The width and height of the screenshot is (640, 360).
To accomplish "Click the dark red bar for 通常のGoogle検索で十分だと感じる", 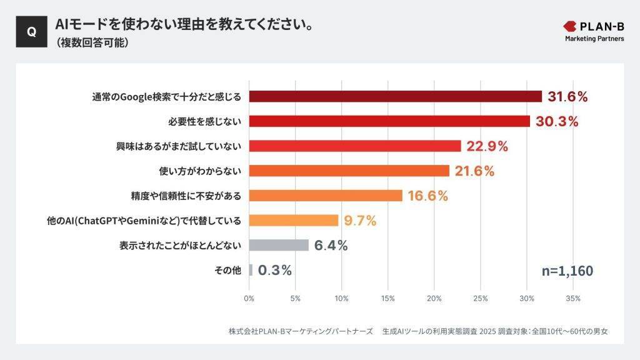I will (395, 96).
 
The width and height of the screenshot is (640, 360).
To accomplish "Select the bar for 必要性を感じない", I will (389, 121).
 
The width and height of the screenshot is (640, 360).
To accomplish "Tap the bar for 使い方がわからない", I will (349, 171).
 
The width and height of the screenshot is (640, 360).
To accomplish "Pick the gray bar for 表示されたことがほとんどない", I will (279, 245).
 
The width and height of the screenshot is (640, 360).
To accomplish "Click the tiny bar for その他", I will (251, 270).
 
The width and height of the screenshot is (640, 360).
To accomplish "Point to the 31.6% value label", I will (567, 96).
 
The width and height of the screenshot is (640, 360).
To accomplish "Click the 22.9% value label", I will (487, 146).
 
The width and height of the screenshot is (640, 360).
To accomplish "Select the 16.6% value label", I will (427, 196).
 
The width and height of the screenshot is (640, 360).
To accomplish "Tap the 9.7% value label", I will (360, 221).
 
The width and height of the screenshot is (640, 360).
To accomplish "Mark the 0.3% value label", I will (275, 270).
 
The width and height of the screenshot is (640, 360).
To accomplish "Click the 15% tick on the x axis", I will (387, 298).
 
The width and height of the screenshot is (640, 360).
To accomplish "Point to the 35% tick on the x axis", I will (572, 298).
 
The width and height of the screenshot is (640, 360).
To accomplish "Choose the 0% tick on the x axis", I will (249, 298).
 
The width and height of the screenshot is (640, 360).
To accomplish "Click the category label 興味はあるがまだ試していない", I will (179, 146).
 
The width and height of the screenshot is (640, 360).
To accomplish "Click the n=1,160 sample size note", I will (567, 271).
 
